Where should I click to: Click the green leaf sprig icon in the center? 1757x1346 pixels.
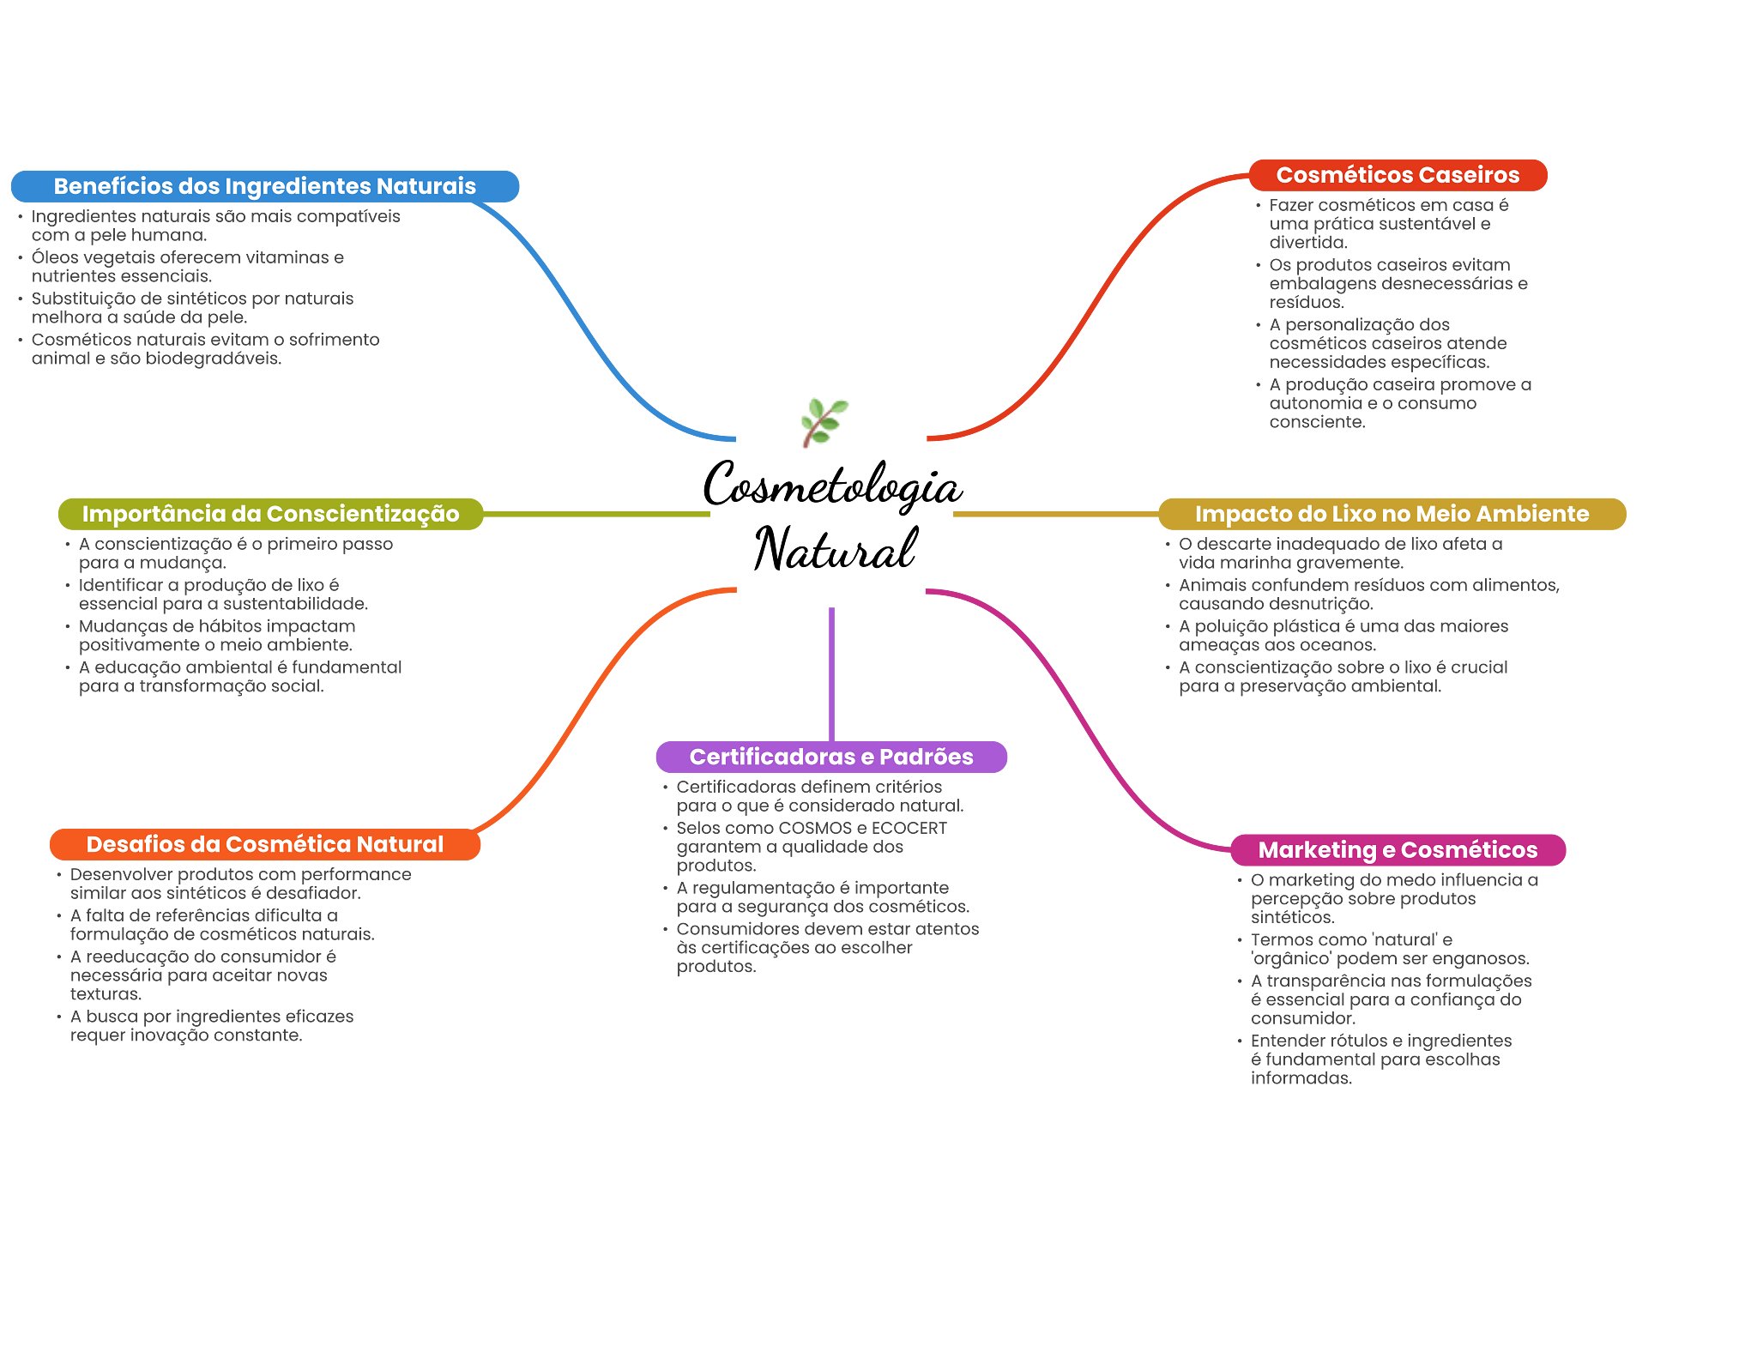pos(824,421)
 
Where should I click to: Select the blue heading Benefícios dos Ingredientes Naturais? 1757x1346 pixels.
pos(264,186)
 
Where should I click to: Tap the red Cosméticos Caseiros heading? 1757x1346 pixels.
pos(1398,175)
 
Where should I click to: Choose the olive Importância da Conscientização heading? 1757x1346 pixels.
pos(270,514)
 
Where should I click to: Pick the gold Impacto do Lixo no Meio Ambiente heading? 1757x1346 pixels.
pos(1392,514)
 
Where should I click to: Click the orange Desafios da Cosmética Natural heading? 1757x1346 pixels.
pos(264,844)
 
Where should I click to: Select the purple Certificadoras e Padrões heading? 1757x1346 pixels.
pos(831,757)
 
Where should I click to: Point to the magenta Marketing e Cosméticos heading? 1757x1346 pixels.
pos(1398,849)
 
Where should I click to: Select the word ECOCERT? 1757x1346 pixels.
pos(909,828)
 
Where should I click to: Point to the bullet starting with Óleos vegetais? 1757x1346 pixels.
pos(187,266)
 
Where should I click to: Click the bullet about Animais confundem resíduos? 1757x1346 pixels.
pos(1368,594)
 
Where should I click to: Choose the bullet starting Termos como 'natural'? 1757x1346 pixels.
pos(1389,949)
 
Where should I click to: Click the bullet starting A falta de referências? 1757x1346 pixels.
pos(221,925)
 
